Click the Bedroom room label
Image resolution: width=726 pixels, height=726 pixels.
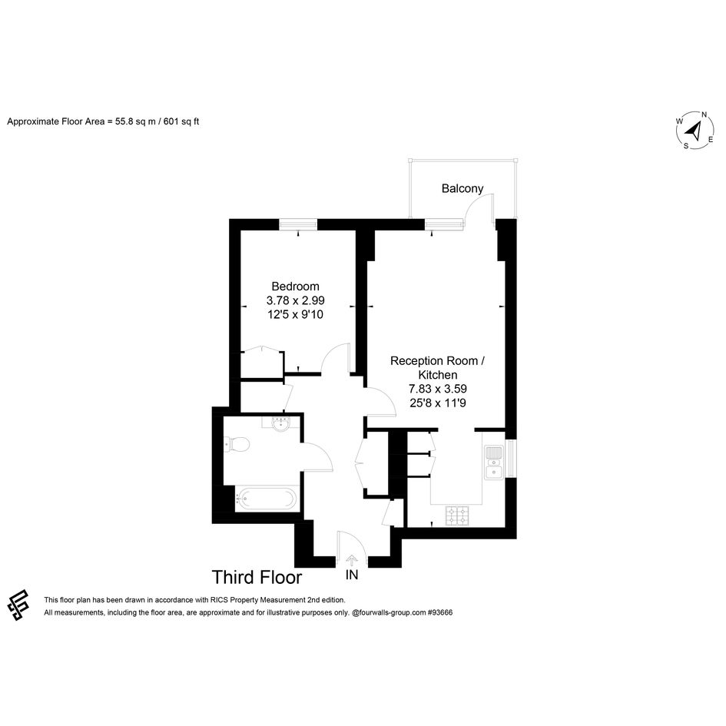pyautogui.click(x=296, y=286)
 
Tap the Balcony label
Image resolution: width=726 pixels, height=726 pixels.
pyautogui.click(x=462, y=188)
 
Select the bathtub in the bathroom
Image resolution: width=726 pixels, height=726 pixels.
pyautogui.click(x=265, y=499)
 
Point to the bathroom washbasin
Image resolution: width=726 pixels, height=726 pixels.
pyautogui.click(x=280, y=423)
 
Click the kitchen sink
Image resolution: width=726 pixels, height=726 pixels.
pyautogui.click(x=494, y=462)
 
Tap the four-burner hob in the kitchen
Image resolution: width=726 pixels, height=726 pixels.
pyautogui.click(x=457, y=515)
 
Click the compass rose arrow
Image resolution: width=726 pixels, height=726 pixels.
pyautogui.click(x=693, y=131)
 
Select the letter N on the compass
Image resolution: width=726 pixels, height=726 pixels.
pyautogui.click(x=704, y=114)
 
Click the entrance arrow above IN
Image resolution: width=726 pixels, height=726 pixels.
pyautogui.click(x=352, y=561)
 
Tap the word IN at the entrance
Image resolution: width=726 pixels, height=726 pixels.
pyautogui.click(x=352, y=575)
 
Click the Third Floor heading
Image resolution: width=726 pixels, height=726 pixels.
pyautogui.click(x=257, y=578)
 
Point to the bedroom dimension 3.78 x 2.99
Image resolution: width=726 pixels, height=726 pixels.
pyautogui.click(x=296, y=300)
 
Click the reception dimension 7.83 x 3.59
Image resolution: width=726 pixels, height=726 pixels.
pyautogui.click(x=438, y=389)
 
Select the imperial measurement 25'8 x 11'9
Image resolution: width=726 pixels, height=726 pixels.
pyautogui.click(x=438, y=403)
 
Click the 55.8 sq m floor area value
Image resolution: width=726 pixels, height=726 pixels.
pyautogui.click(x=135, y=122)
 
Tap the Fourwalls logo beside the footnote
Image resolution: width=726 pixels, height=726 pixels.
pyautogui.click(x=18, y=605)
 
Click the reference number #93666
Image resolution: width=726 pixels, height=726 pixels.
pyautogui.click(x=440, y=612)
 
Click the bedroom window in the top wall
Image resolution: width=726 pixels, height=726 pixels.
pyautogui.click(x=299, y=224)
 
